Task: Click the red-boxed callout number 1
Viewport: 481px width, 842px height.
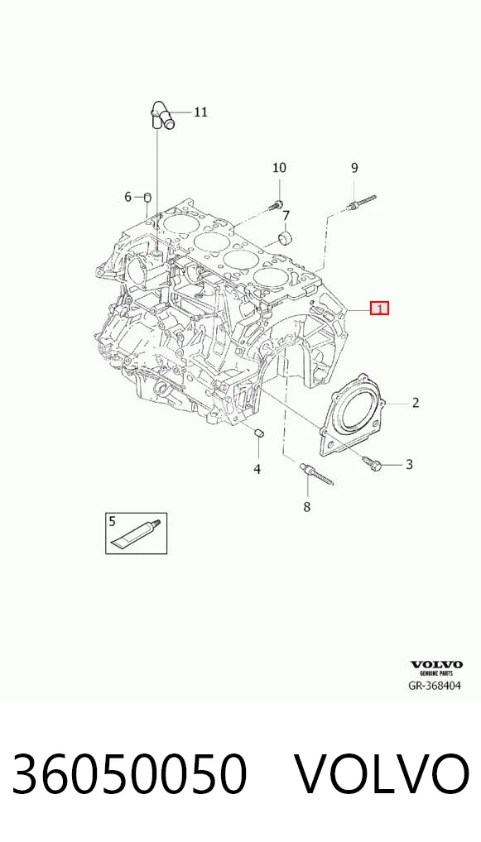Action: point(379,309)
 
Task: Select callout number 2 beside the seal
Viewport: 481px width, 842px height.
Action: point(416,403)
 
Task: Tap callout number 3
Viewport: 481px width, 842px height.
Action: point(409,465)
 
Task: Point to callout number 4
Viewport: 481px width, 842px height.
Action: point(257,469)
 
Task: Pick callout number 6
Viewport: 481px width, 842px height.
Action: point(128,197)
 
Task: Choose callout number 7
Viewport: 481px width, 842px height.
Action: point(286,216)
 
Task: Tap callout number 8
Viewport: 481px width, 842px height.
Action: point(307,506)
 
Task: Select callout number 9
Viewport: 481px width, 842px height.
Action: point(354,168)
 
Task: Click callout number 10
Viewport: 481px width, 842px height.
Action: point(279,168)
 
